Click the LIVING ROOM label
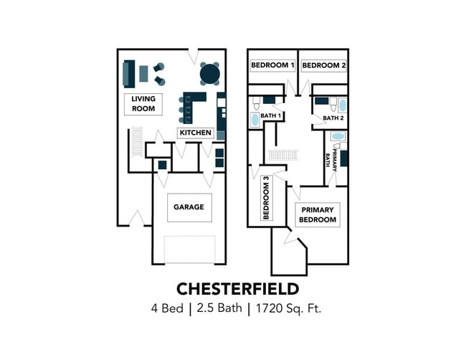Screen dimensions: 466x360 pyautogui.click(x=143, y=104)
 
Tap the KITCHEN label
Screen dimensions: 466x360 pyautogui.click(x=196, y=133)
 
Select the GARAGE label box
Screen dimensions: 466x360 pyautogui.click(x=189, y=207)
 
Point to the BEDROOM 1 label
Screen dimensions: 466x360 pyautogui.click(x=272, y=65)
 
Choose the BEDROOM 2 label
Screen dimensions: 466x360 pyautogui.click(x=324, y=65)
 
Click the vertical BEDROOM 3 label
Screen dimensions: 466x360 pyautogui.click(x=266, y=198)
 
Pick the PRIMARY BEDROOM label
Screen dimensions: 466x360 pyautogui.click(x=318, y=215)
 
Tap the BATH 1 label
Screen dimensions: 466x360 pyautogui.click(x=271, y=115)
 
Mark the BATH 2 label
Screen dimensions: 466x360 pyautogui.click(x=333, y=118)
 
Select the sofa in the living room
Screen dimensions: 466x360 pyautogui.click(x=129, y=74)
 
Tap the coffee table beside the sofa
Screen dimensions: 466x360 pyautogui.click(x=143, y=74)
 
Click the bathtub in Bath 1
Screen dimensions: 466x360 pyautogui.click(x=255, y=120)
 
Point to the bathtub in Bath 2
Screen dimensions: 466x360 pyautogui.click(x=343, y=105)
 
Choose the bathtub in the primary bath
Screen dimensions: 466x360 pyautogui.click(x=338, y=137)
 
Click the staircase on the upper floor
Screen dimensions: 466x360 pyautogui.click(x=283, y=155)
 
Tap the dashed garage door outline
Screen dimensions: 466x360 pyautogui.click(x=189, y=250)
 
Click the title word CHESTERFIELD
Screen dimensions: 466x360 pyautogui.click(x=237, y=289)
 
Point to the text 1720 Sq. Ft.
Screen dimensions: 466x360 pyautogui.click(x=288, y=308)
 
